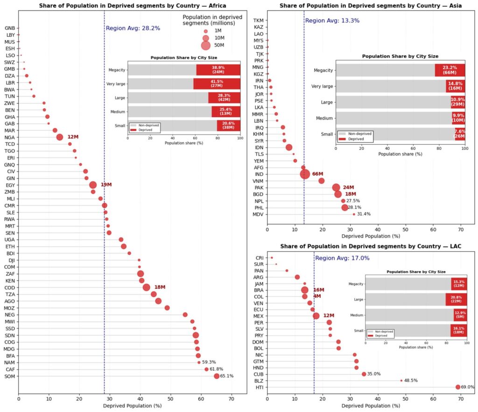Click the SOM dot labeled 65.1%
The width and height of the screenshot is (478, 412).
[x=217, y=376]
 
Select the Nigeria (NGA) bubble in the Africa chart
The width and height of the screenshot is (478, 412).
[x=60, y=137]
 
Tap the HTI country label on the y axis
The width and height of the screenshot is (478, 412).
[x=259, y=387]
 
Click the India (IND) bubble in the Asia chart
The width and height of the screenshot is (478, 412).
[x=305, y=174]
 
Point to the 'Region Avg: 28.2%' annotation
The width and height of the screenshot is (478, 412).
[x=133, y=28]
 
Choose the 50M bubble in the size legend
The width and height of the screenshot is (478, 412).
[x=205, y=45]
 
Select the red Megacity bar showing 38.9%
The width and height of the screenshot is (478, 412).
[x=218, y=70]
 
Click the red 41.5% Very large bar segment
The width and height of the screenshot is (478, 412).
[x=217, y=84]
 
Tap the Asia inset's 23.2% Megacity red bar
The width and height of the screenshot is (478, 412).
[x=450, y=70]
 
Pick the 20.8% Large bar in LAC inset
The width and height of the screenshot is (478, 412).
[x=456, y=300]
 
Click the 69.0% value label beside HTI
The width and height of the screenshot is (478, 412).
[x=467, y=387]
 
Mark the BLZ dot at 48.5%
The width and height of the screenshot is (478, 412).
[x=401, y=380]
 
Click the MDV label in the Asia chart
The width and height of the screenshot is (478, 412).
[x=258, y=214]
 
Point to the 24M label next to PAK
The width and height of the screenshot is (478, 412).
[x=349, y=188]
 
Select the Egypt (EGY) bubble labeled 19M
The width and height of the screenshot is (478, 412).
[x=93, y=185]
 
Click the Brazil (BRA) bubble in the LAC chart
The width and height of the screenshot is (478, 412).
[x=305, y=290]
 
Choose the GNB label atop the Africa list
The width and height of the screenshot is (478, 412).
[x=9, y=28]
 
